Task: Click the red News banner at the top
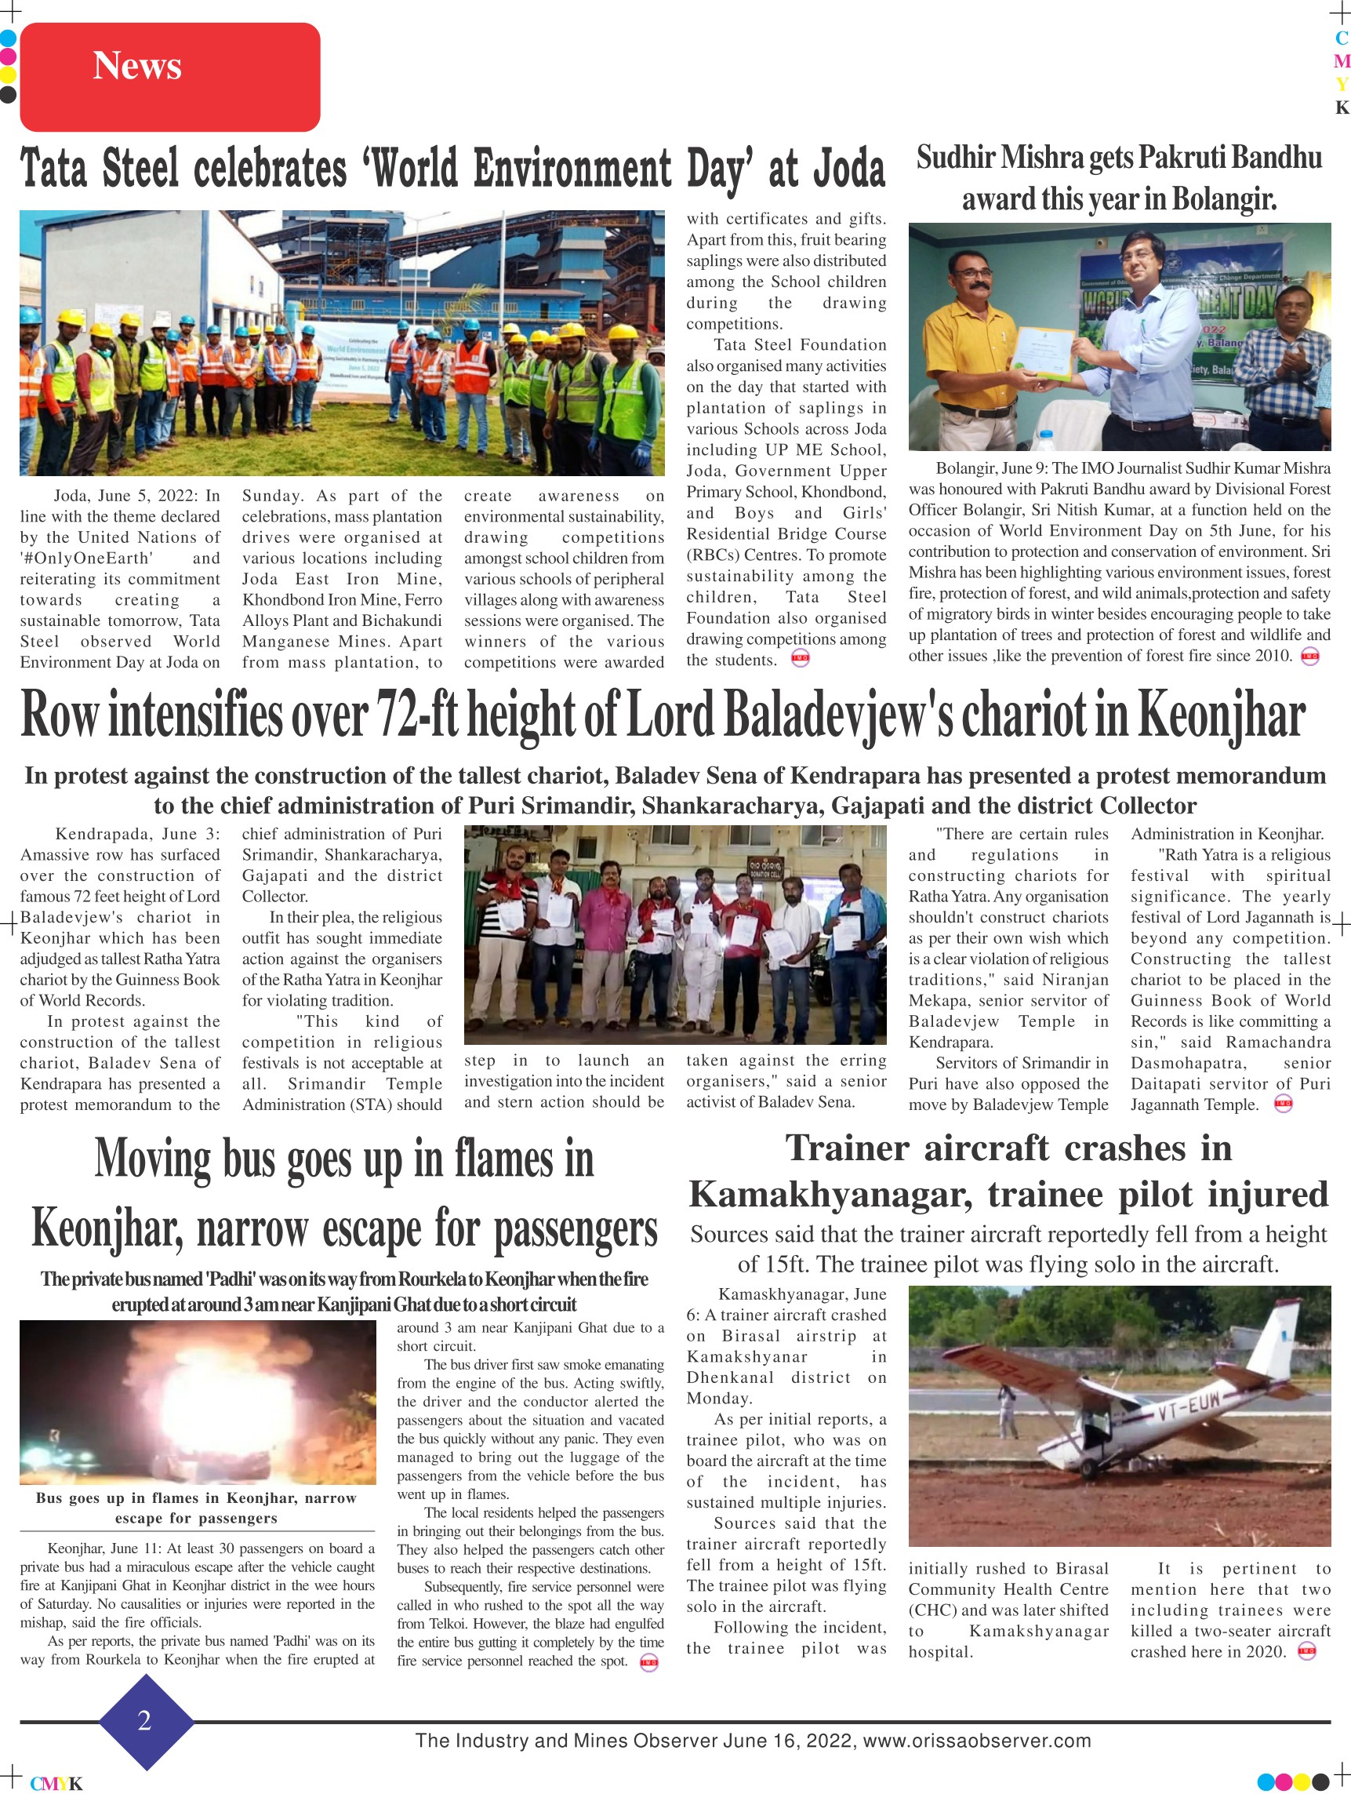pos(169,76)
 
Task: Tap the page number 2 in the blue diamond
pos(145,1720)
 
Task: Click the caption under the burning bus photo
pos(196,1508)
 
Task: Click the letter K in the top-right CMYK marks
pos(1342,108)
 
